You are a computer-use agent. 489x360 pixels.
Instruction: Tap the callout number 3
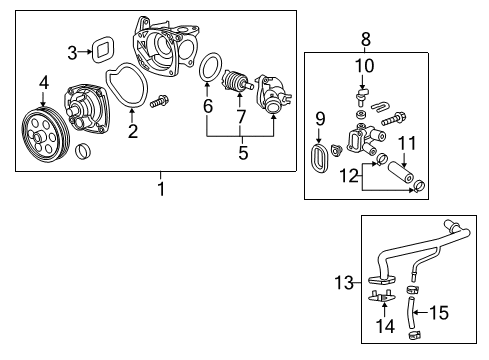coord(73,52)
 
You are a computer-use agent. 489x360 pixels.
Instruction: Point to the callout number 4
coord(43,82)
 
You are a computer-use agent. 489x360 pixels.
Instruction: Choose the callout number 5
coord(239,154)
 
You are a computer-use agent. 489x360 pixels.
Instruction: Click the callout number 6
coord(208,104)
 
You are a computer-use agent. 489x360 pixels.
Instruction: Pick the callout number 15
coord(438,312)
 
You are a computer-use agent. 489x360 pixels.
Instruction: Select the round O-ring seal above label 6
coord(210,69)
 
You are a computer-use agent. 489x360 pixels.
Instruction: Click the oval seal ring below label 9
coord(321,158)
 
